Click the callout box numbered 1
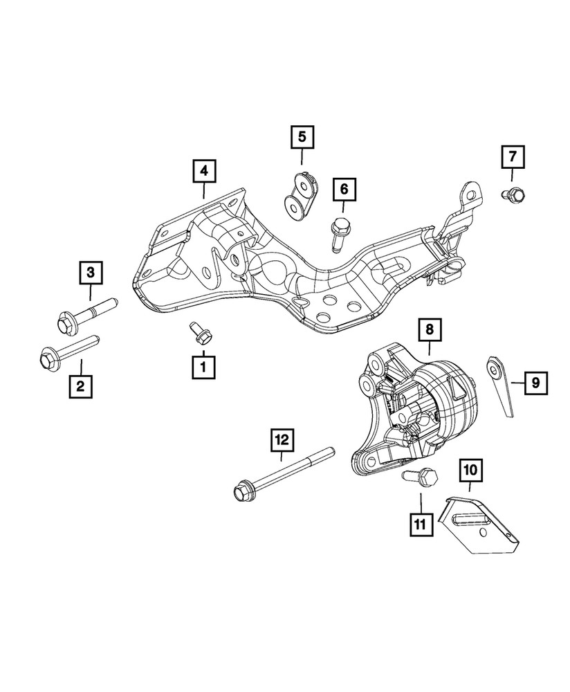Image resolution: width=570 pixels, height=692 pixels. pyautogui.click(x=203, y=366)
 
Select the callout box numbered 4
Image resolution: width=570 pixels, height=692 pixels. pyautogui.click(x=204, y=170)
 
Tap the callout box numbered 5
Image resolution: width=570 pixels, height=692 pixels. pyautogui.click(x=302, y=136)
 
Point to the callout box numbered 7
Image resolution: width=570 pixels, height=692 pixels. pyautogui.click(x=513, y=158)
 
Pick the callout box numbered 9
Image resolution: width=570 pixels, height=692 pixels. pyautogui.click(x=535, y=381)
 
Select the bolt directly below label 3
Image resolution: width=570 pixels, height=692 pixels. pyautogui.click(x=82, y=316)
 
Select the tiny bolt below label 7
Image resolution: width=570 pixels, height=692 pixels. pyautogui.click(x=515, y=195)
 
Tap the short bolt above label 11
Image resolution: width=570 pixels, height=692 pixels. pyautogui.click(x=420, y=477)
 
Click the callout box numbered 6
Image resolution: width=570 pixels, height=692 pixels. pyautogui.click(x=344, y=188)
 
